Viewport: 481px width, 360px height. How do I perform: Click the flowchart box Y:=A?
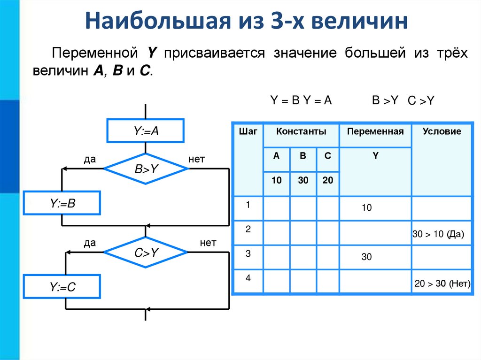coord(146,130)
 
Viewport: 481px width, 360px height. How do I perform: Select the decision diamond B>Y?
coord(146,169)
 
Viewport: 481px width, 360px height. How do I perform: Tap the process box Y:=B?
coord(62,203)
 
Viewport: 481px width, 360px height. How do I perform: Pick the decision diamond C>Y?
coord(146,253)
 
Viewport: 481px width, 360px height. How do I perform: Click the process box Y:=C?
coord(62,287)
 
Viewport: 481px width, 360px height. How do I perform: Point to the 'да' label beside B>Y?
coord(90,160)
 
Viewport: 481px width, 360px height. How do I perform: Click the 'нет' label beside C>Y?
coord(208,243)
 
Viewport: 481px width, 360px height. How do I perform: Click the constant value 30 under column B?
coord(303,180)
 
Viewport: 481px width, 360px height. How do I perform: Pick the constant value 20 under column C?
coord(328,180)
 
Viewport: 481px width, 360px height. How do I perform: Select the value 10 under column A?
coord(276,180)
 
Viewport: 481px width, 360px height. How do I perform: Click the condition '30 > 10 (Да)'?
coord(438,235)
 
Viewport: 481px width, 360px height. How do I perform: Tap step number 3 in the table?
coord(248,254)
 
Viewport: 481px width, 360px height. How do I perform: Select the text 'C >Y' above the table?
coord(420,101)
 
